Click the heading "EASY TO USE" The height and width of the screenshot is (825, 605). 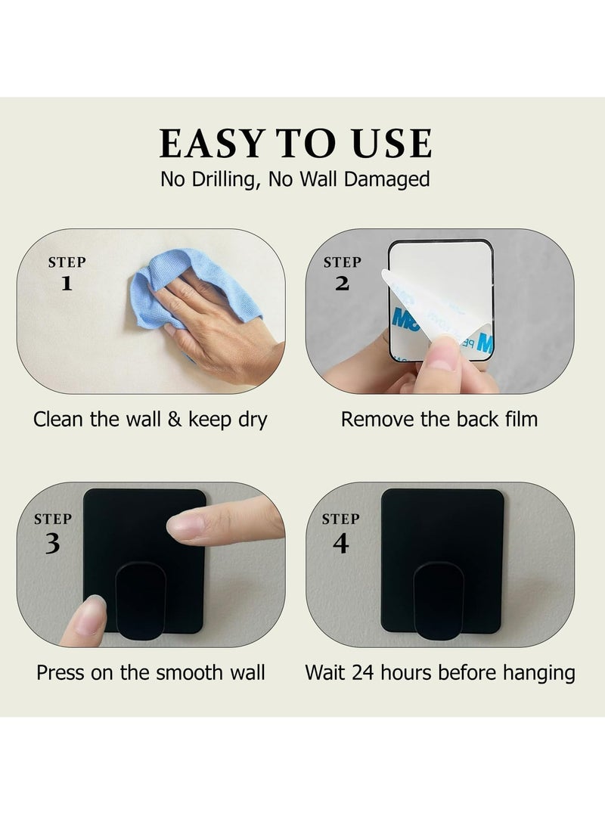296,144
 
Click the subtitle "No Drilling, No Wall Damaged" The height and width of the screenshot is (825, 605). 295,179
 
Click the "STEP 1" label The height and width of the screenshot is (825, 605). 67,273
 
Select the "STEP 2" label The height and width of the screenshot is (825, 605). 342,273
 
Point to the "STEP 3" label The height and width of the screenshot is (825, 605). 52,532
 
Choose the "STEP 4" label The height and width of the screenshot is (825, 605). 340,532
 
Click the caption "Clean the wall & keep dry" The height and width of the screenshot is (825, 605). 150,419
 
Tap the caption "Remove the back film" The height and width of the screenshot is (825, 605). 439,419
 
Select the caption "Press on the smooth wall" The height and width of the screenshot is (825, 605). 150,672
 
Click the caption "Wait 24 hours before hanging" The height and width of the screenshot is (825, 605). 440,672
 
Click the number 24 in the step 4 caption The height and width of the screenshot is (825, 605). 365,672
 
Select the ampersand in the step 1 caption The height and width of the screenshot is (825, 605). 175,419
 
